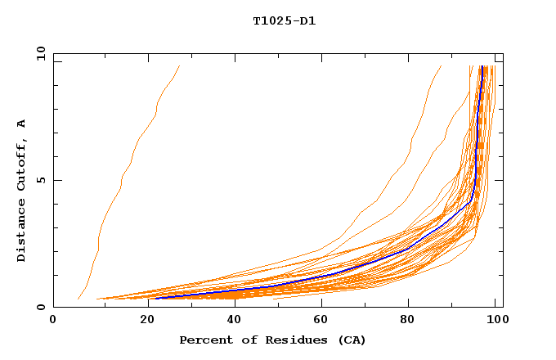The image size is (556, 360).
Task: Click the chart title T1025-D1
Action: (284, 20)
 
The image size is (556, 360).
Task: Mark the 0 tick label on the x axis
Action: (53, 321)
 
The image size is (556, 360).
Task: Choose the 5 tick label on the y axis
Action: (40, 180)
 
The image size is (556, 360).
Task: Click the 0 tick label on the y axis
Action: (40, 307)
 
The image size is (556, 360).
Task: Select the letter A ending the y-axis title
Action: (22, 124)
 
